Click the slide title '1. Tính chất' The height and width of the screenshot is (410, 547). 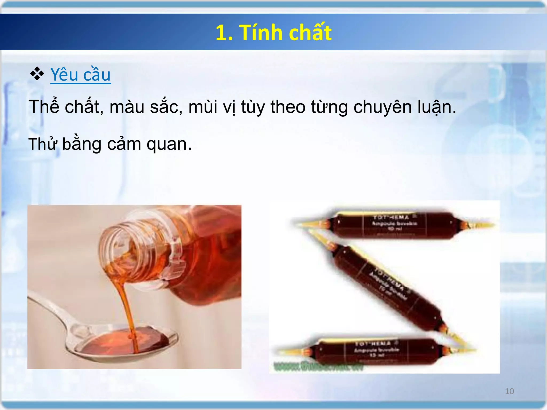point(273,33)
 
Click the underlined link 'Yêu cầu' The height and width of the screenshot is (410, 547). point(80,75)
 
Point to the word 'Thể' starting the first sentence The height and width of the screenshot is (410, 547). point(44,107)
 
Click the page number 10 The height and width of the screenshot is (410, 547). point(509,391)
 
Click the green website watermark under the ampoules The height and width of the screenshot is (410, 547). point(318,367)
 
